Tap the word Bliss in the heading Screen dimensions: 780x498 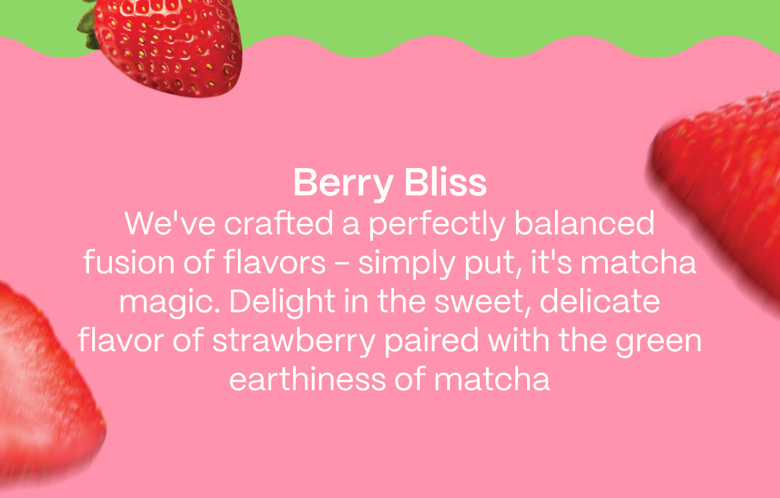[445, 182]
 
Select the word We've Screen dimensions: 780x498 [170, 223]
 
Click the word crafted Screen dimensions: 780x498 [278, 223]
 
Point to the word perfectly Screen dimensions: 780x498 [437, 225]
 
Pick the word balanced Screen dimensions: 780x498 [584, 223]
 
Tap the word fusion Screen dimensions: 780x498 [129, 262]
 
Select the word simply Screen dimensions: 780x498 [407, 264]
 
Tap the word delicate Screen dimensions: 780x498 [600, 301]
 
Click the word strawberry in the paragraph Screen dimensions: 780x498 [294, 342]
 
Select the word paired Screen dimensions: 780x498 [432, 342]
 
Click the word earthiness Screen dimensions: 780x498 [307, 379]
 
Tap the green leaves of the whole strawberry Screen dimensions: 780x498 [88, 26]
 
